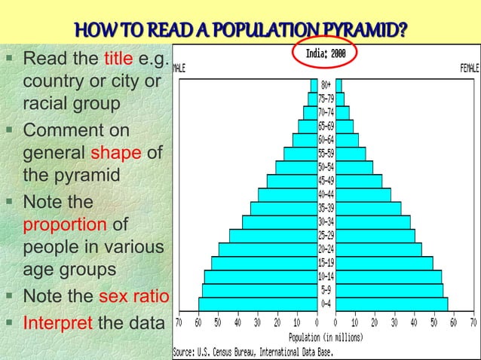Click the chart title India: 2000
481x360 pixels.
click(x=326, y=53)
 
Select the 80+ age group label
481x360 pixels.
click(x=326, y=85)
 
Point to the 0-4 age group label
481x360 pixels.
click(x=326, y=304)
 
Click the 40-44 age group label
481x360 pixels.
click(x=326, y=194)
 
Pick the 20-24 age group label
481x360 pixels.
click(x=326, y=249)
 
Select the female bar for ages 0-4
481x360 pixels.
click(x=392, y=304)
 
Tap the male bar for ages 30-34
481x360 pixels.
click(x=280, y=221)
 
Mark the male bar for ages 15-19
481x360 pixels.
click(x=265, y=263)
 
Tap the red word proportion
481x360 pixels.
click(x=66, y=224)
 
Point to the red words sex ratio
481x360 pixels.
click(x=135, y=294)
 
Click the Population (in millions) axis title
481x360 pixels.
click(x=326, y=337)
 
